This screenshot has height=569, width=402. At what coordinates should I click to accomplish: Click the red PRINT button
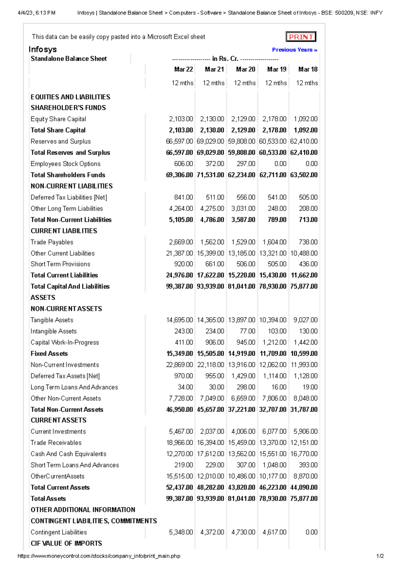pyautogui.click(x=301, y=37)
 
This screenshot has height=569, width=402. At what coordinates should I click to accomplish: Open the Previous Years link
pyautogui.click(x=294, y=50)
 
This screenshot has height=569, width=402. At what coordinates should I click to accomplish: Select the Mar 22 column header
pyautogui.click(x=183, y=69)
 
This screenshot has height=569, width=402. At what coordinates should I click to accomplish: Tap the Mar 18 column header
pyautogui.click(x=308, y=69)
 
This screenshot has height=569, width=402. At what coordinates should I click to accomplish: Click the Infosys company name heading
pyautogui.click(x=43, y=49)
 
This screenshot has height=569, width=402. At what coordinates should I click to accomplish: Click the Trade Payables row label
pyautogui.click(x=52, y=242)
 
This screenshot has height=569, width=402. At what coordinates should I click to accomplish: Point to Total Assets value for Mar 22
pyautogui.click(x=179, y=499)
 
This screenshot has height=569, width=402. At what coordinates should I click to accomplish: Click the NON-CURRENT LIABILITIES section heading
pyautogui.click(x=72, y=186)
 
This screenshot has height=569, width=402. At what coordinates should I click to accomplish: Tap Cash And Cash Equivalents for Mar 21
pyautogui.click(x=210, y=454)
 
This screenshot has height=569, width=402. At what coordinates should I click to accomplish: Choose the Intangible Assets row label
pyautogui.click(x=54, y=331)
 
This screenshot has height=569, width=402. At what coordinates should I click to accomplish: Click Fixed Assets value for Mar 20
pyautogui.click(x=241, y=354)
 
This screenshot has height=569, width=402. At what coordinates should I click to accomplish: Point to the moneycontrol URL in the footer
pyautogui.click(x=99, y=556)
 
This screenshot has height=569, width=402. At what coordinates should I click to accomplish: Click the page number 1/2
pyautogui.click(x=380, y=556)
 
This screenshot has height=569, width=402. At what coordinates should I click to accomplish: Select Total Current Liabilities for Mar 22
pyautogui.click(x=179, y=275)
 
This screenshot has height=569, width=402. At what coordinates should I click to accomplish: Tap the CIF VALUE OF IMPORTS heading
pyautogui.click(x=66, y=543)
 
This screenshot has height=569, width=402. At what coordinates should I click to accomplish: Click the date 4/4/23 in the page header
pyautogui.click(x=25, y=13)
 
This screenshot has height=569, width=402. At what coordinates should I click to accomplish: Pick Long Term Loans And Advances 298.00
pyautogui.click(x=246, y=387)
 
